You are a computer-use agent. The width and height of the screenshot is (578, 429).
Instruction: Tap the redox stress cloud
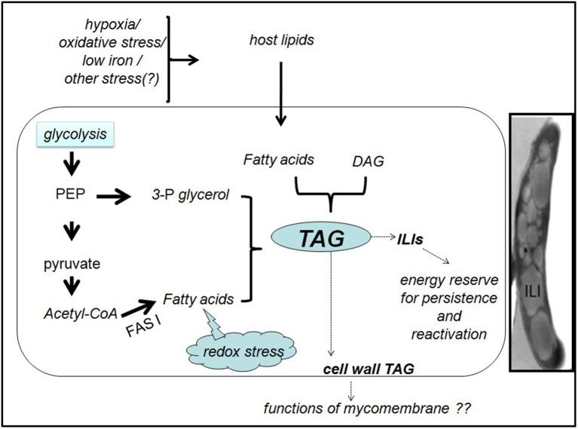(242, 352)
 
